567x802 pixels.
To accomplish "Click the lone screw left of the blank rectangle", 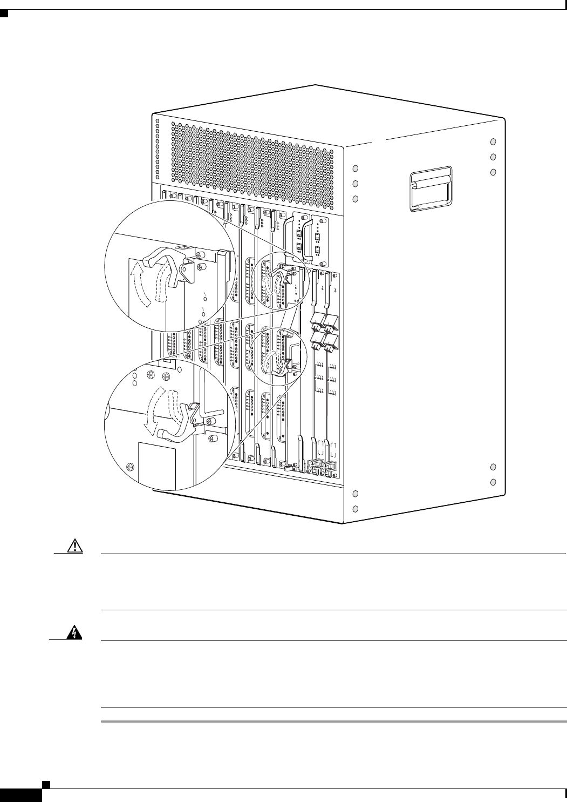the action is pos(129,466).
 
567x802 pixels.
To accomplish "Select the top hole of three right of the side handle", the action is pos(493,141).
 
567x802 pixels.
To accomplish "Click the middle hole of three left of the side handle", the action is pos(356,184).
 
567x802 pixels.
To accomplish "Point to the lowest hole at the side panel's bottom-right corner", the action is pos(493,481).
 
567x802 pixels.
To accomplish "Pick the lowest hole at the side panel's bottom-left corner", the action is pos(356,509).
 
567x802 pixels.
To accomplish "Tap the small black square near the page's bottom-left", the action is pos(47,782).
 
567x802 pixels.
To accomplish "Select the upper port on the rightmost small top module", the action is pos(317,236).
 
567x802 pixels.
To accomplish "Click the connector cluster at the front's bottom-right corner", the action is pos(322,467).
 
